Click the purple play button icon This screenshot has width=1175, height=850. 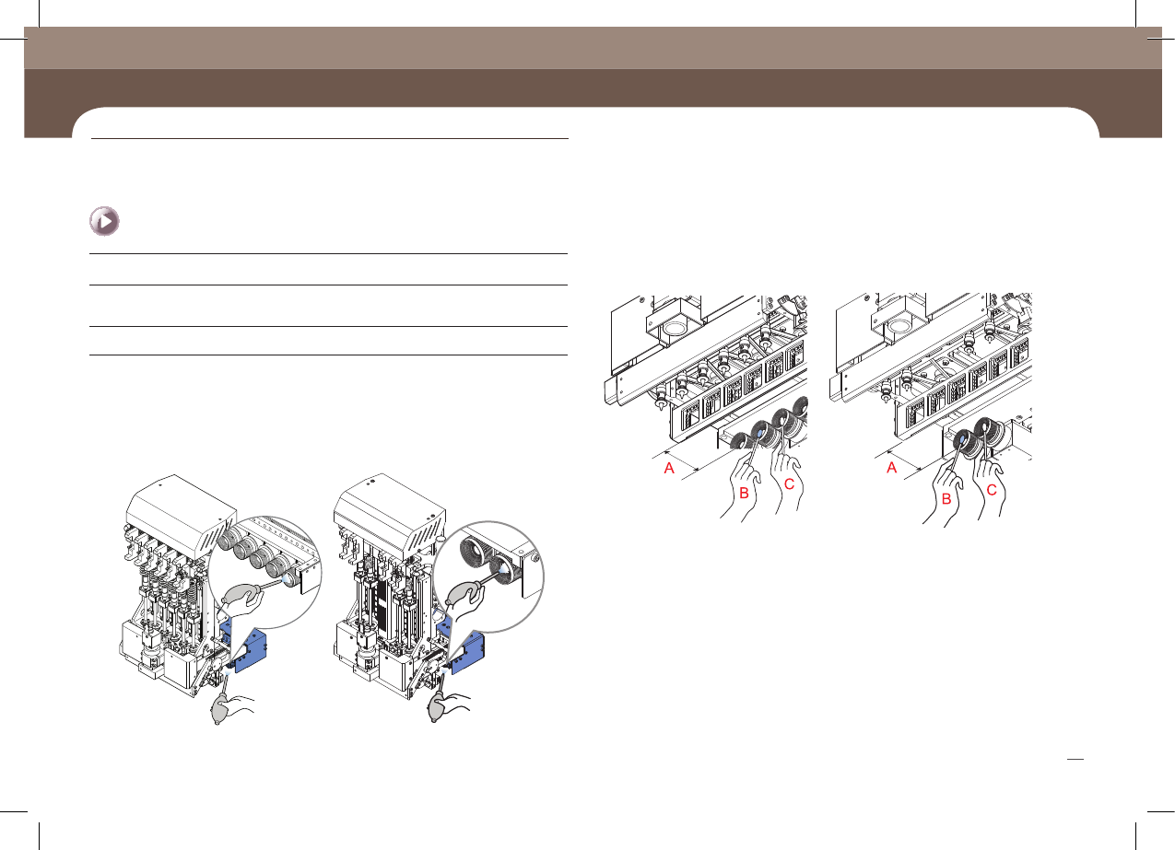(104, 221)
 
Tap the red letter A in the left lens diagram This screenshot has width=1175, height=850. (669, 468)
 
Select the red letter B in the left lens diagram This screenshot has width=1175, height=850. (744, 493)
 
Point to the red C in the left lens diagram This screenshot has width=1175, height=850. (790, 484)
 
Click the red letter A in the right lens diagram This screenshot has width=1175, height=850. (892, 468)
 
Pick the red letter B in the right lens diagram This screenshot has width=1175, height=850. (946, 499)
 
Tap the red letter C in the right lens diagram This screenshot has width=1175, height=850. (992, 490)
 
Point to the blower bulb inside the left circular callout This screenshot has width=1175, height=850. (241, 595)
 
